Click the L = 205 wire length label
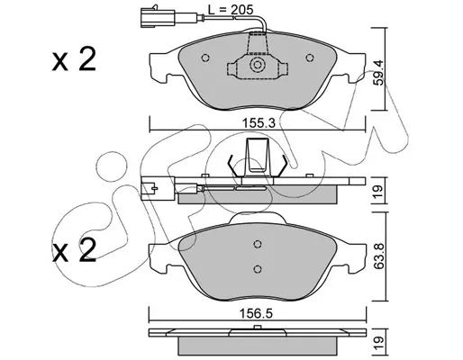(x=231, y=10)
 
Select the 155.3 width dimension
(x=259, y=122)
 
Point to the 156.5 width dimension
(x=256, y=314)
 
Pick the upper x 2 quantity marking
(x=74, y=58)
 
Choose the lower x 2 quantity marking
(x=74, y=250)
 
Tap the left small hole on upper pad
(x=205, y=58)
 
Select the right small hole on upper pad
(x=310, y=58)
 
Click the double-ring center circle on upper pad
(x=258, y=65)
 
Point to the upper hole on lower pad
(x=258, y=244)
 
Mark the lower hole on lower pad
(x=258, y=269)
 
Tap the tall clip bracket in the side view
(x=257, y=157)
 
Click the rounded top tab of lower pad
(x=258, y=218)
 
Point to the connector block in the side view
(x=158, y=189)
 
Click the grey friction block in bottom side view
(x=258, y=346)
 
